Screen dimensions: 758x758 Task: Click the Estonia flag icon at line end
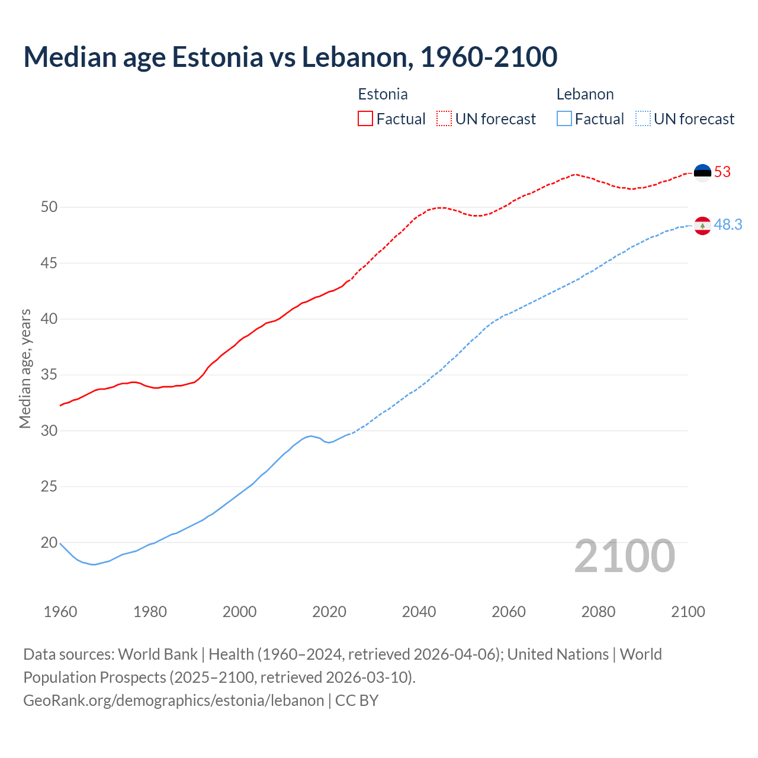[x=702, y=172]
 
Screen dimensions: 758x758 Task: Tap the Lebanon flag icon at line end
[x=702, y=226]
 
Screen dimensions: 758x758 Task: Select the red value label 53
[x=722, y=172]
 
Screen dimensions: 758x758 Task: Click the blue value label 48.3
[x=728, y=225]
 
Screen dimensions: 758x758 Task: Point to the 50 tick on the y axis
[x=49, y=207]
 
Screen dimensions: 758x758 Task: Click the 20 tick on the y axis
[x=49, y=542]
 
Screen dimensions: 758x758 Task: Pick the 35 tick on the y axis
[x=49, y=375]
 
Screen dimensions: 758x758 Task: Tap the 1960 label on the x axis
[x=60, y=612]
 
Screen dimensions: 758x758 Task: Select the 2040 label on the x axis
[x=419, y=612]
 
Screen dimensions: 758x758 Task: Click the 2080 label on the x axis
[x=598, y=612]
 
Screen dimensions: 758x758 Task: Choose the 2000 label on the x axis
[x=239, y=612]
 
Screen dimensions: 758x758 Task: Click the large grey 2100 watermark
[x=624, y=556]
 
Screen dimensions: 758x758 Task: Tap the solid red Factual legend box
[x=365, y=119]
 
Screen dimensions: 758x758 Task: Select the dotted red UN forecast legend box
[x=444, y=119]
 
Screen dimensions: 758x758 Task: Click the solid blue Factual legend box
[x=564, y=119]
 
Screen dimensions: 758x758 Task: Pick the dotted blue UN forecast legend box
[x=643, y=119]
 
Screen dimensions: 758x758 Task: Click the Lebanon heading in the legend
[x=584, y=95]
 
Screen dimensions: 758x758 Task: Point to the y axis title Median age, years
[x=25, y=368]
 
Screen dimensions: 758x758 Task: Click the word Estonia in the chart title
[x=217, y=57]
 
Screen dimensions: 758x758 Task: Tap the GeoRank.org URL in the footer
[x=174, y=701]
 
